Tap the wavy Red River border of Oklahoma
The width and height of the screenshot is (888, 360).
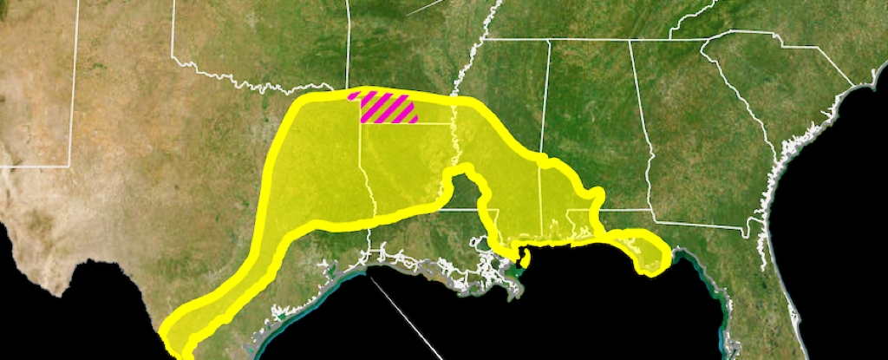tap(260, 86)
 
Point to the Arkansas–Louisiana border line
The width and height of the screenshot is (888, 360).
tap(408, 123)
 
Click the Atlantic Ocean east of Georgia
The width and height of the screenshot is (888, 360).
tap(832, 173)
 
